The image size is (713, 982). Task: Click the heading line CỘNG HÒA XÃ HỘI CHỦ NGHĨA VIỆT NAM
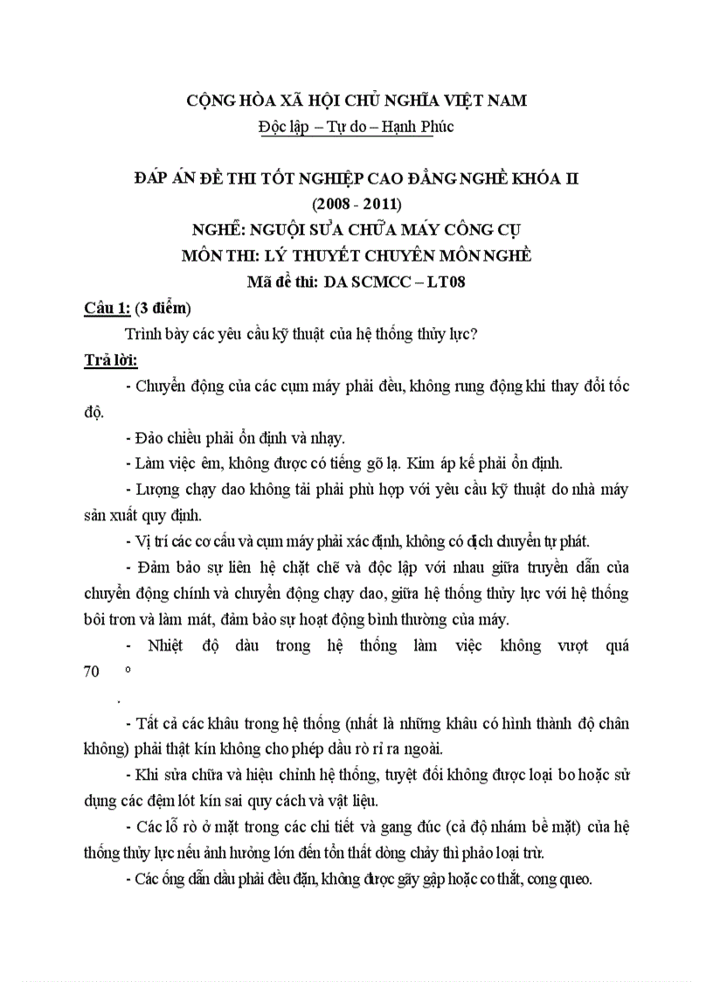(x=357, y=101)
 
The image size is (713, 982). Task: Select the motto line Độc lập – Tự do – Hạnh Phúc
(x=356, y=127)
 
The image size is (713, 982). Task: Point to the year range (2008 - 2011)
(x=356, y=205)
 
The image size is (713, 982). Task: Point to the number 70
(x=93, y=674)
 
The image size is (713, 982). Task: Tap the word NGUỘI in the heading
(x=285, y=231)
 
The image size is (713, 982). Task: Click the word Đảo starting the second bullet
(x=151, y=437)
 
